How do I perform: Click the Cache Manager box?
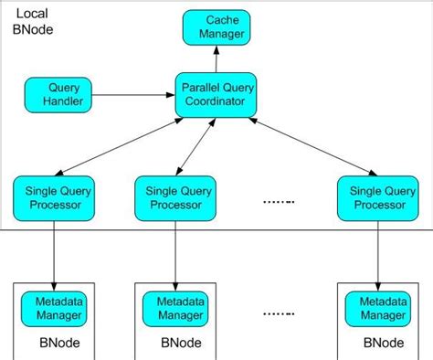pyautogui.click(x=216, y=26)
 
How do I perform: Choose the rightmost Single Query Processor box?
pyautogui.click(x=378, y=196)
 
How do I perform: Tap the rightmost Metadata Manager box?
pyautogui.click(x=378, y=307)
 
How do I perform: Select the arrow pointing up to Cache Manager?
pyautogui.click(x=216, y=60)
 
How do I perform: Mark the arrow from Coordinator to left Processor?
pyautogui.click(x=114, y=147)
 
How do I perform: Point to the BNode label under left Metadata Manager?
pyautogui.click(x=57, y=344)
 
